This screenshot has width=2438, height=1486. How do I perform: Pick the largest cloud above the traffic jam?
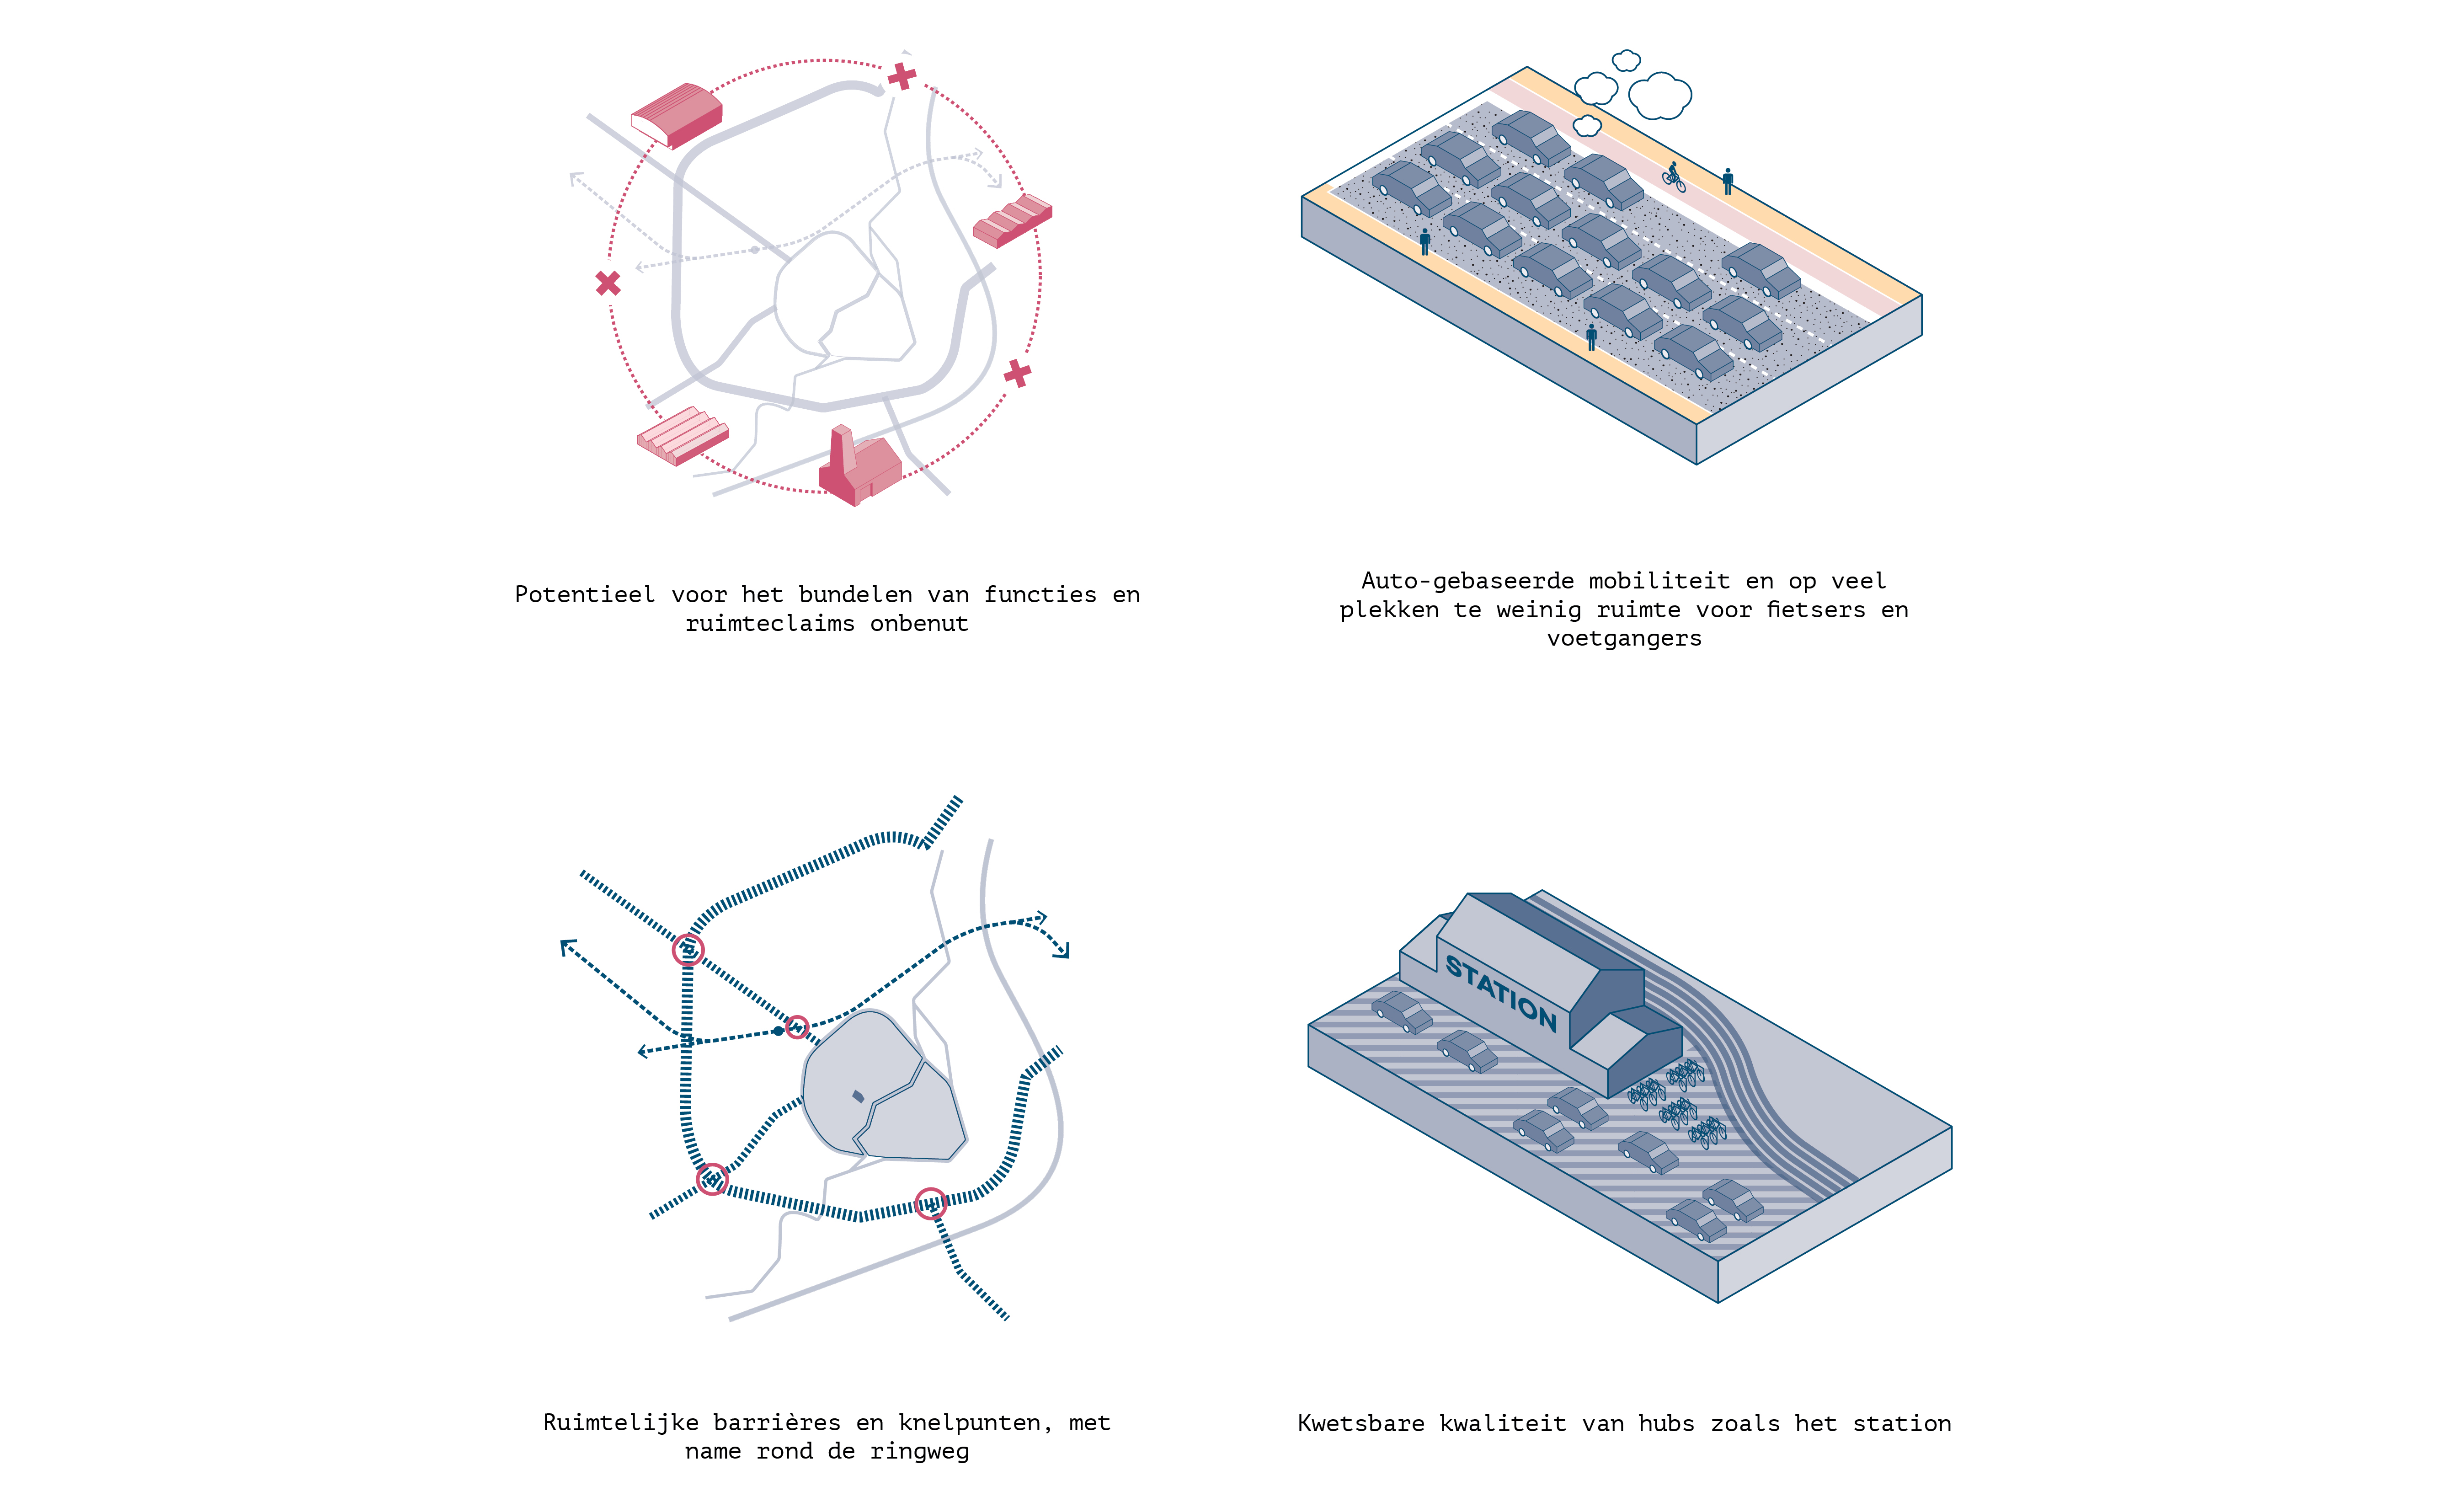pos(1659,96)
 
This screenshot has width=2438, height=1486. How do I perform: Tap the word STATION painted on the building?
pos(1501,992)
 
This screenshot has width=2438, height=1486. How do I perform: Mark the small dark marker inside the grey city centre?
pos(858,1096)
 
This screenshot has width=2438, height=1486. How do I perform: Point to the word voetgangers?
pos(1625,638)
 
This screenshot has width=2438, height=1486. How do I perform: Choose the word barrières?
pos(777,1423)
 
